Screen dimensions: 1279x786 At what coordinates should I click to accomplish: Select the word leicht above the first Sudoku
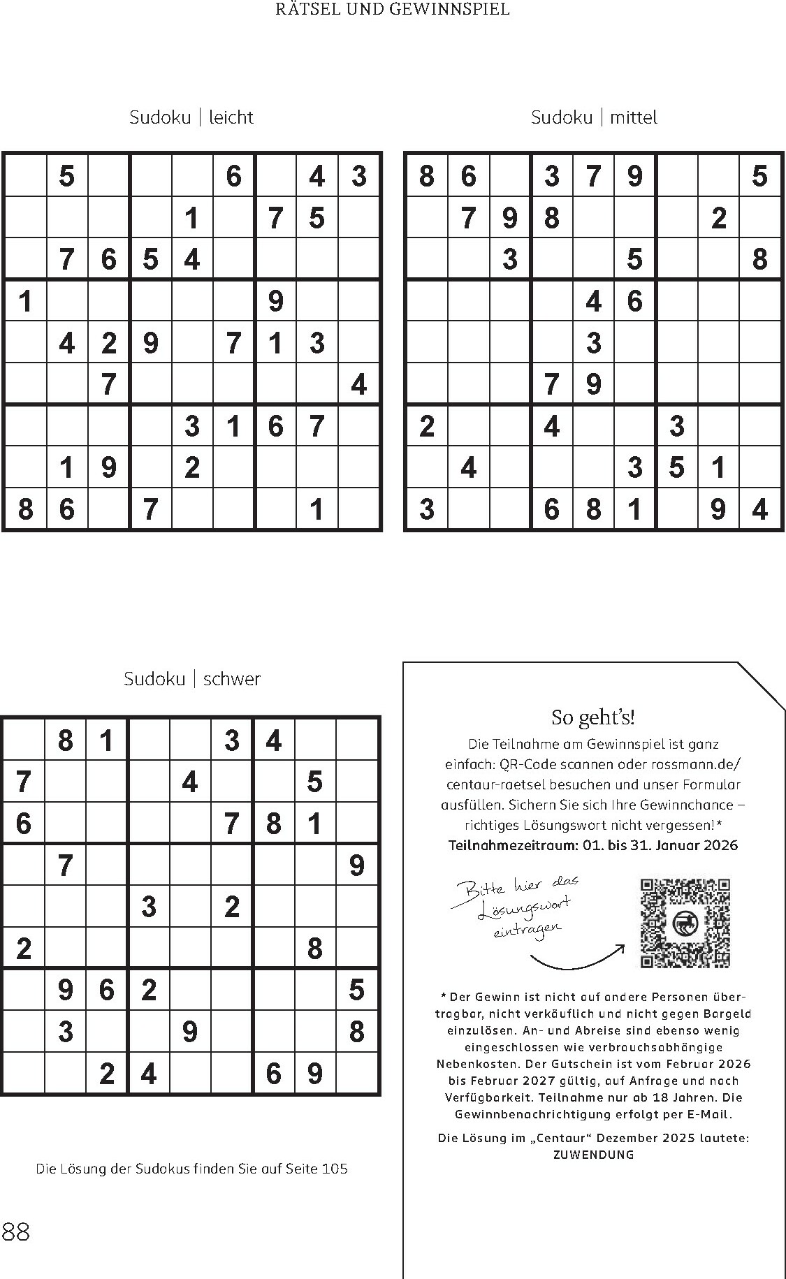point(231,117)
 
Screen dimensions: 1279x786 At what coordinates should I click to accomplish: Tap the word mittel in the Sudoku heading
point(634,117)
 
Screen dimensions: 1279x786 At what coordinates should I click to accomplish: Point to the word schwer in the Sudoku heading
point(231,679)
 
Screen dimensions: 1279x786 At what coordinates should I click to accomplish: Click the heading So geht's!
point(592,717)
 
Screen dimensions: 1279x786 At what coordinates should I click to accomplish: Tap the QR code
point(685,923)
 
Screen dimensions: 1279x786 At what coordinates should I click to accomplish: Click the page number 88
point(16,1232)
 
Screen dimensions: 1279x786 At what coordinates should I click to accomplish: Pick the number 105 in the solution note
point(335,1169)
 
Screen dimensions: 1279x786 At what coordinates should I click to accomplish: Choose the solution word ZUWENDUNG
point(593,1155)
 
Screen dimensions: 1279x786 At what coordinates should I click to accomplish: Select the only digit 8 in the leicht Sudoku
point(25,509)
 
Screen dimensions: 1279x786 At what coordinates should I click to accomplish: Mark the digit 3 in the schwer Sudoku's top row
point(232,740)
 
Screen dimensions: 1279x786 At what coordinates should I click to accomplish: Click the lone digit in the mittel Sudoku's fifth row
point(593,343)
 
